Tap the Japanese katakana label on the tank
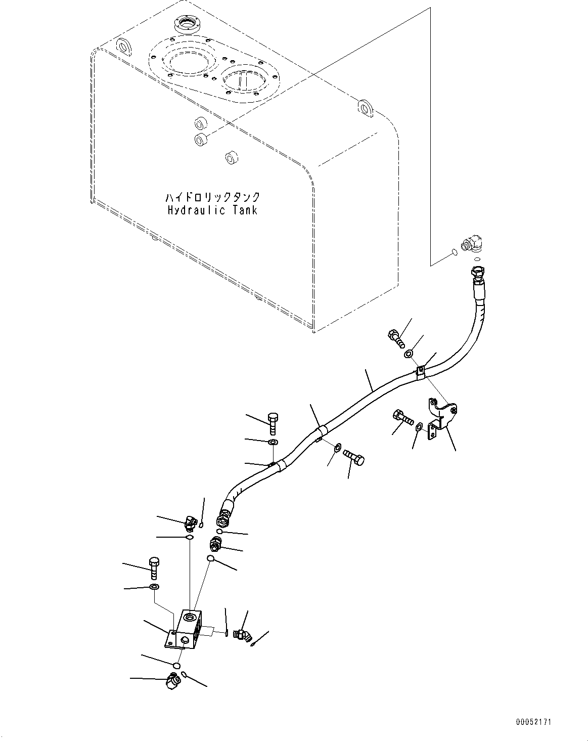point(212,197)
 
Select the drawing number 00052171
point(533,719)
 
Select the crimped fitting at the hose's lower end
point(226,514)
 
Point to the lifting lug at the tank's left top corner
point(124,47)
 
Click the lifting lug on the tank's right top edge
point(366,108)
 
